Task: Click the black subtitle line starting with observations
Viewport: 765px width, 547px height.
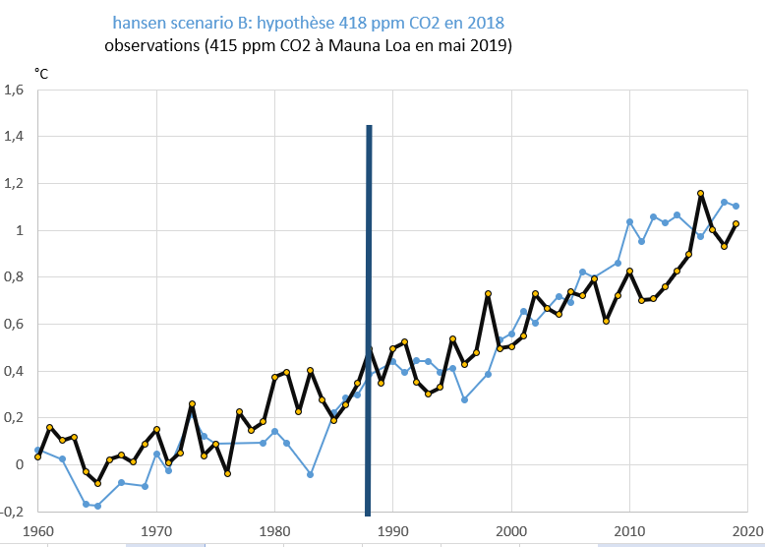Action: (308, 45)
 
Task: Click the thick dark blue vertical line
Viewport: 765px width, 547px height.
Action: (369, 315)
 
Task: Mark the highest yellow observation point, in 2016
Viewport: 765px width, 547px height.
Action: (700, 194)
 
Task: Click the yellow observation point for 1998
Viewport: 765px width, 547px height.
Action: (488, 293)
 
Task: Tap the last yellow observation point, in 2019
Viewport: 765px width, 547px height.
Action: (736, 223)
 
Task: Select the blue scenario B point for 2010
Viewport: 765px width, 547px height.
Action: (629, 221)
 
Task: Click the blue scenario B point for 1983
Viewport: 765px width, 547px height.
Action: (310, 474)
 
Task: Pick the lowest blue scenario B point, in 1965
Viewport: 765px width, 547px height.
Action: (97, 506)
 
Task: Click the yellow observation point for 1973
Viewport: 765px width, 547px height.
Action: (192, 403)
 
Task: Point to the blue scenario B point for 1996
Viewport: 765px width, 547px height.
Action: (464, 399)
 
